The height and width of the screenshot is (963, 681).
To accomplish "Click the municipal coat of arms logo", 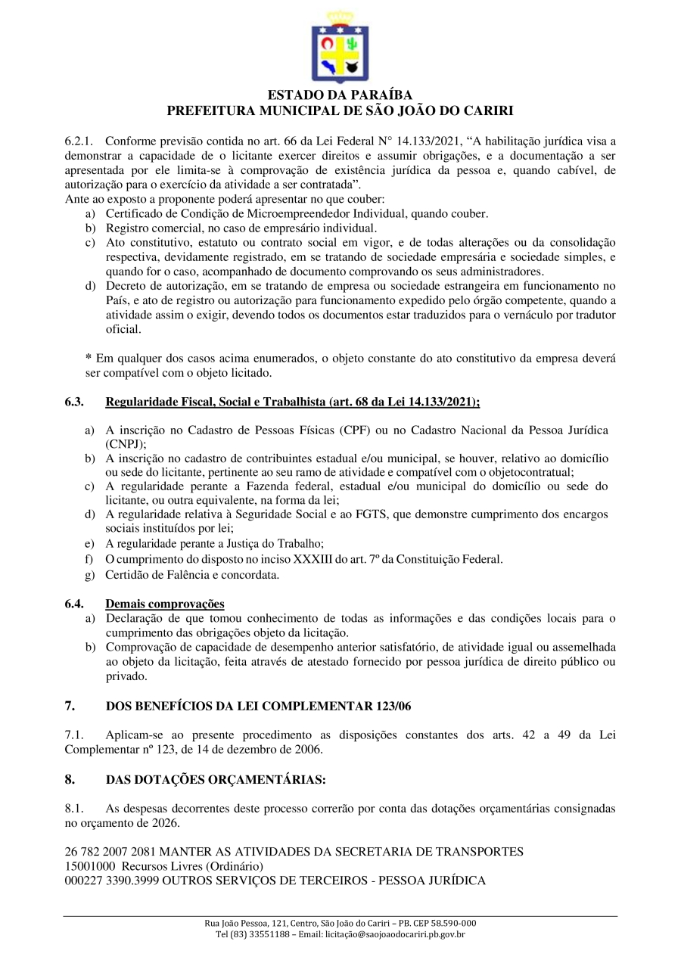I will tap(340, 48).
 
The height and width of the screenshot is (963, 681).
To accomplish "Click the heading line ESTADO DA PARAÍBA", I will tap(340, 95).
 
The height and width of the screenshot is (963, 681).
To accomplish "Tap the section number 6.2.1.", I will tap(79, 141).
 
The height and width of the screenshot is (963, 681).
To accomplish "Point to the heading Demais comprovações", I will tap(164, 604).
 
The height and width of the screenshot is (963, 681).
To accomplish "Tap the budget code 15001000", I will tap(90, 865).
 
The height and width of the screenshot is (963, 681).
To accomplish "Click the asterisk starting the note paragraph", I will tap(88, 358).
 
